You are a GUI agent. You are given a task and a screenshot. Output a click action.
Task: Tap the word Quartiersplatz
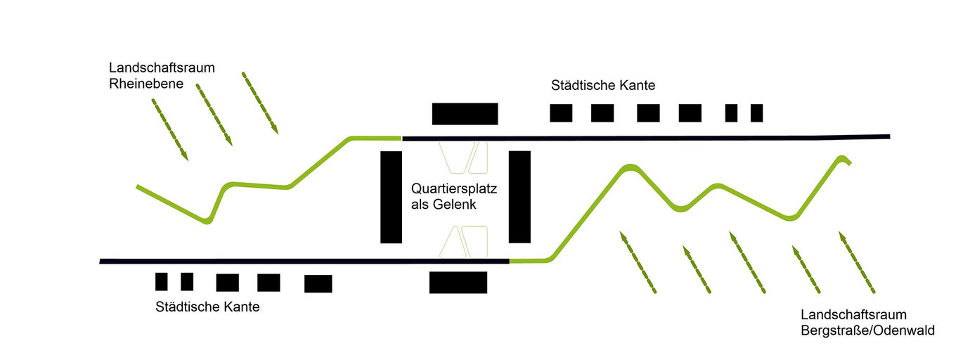point(454,189)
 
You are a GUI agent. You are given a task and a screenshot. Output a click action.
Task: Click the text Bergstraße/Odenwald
point(867,330)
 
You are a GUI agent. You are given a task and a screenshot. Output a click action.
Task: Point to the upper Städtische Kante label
point(603,86)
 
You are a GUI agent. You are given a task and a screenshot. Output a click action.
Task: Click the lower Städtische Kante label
point(207,307)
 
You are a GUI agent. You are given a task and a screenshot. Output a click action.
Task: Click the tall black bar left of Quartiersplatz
point(391,197)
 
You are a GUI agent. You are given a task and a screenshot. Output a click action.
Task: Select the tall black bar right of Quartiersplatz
point(519,197)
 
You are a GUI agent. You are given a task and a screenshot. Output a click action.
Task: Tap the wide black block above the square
point(465,113)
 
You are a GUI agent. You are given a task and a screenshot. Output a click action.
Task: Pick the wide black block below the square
point(458,282)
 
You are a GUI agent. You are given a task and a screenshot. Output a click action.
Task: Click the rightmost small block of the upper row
point(756,112)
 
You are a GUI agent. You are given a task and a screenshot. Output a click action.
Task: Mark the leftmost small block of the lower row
point(162,281)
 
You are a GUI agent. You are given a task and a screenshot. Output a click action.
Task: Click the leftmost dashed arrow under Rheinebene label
point(170,129)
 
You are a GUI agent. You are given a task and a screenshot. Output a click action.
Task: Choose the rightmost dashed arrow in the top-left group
point(260,103)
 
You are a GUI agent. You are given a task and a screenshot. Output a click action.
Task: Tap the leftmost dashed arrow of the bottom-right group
point(638,262)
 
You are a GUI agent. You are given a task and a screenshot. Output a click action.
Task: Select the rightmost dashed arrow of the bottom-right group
point(856,262)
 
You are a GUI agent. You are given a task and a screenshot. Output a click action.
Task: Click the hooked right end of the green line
point(844,159)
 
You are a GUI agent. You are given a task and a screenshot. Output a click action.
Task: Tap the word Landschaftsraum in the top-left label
point(162,68)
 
